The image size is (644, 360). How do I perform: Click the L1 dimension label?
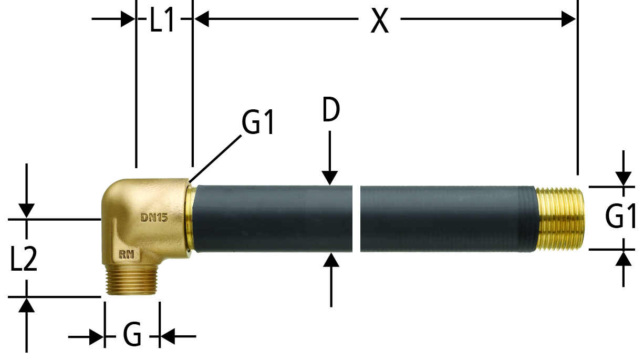click(162, 19)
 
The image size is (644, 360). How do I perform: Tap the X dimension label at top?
click(379, 20)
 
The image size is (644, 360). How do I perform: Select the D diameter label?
click(331, 109)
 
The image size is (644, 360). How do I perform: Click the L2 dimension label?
click(24, 259)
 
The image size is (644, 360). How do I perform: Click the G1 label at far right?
click(620, 216)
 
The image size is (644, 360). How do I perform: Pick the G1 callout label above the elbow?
click(258, 122)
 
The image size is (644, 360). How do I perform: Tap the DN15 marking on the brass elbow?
click(154, 218)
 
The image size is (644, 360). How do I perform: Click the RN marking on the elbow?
click(127, 254)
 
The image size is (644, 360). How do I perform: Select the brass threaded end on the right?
click(560, 219)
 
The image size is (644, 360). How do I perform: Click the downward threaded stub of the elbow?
click(131, 282)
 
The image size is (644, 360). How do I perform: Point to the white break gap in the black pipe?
click(356, 219)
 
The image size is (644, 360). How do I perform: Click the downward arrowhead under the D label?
click(329, 178)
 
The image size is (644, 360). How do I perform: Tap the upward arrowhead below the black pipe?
click(331, 260)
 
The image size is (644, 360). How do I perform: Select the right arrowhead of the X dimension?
click(568, 19)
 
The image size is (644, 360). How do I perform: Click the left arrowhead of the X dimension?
click(202, 19)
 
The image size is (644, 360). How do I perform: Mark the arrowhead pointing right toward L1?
click(128, 19)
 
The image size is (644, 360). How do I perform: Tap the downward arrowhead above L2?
click(26, 210)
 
